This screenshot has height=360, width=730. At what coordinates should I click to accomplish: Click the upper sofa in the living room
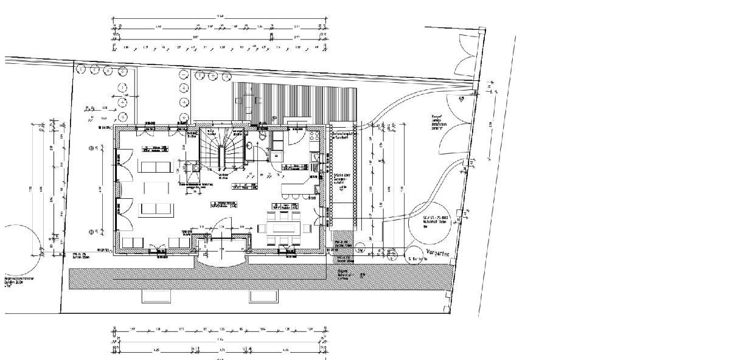click(x=155, y=167)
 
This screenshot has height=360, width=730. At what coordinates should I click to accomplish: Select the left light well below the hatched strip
click(x=158, y=296)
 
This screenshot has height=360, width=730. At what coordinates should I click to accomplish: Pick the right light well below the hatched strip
click(x=263, y=296)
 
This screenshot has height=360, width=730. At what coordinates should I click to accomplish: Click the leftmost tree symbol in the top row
click(x=81, y=69)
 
